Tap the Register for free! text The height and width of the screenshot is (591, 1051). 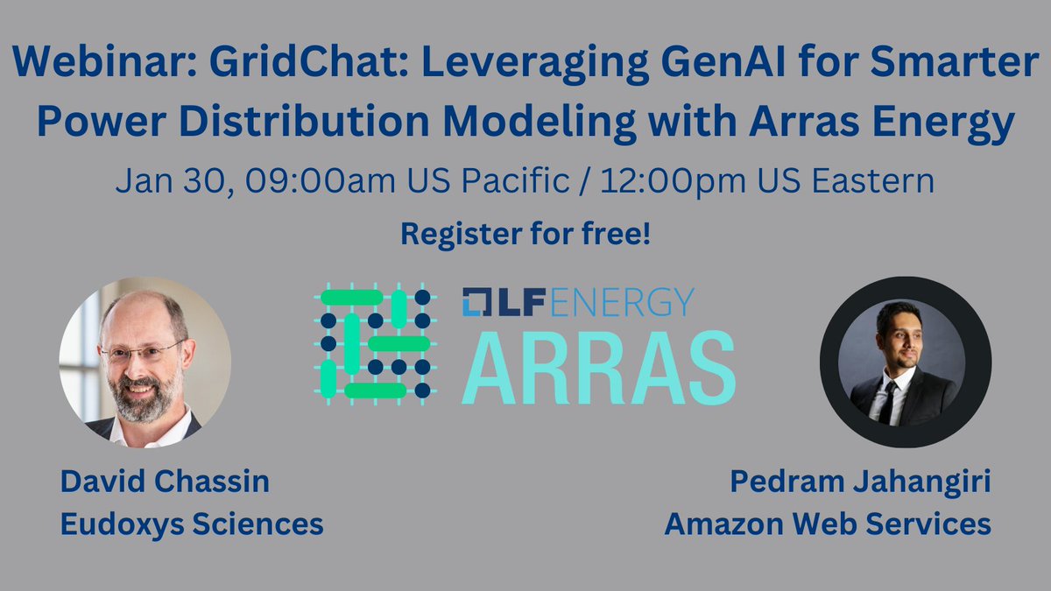tap(525, 234)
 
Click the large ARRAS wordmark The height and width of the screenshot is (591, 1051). tap(598, 365)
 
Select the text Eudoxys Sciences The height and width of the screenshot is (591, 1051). tap(191, 524)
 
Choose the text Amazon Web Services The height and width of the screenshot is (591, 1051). tap(828, 524)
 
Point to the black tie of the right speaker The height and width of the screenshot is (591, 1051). tap(888, 402)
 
